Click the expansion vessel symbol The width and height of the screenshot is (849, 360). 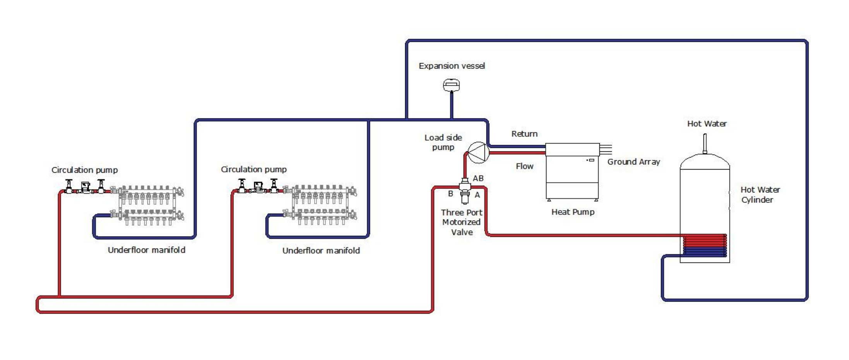(x=451, y=85)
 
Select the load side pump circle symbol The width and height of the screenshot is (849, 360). (x=478, y=152)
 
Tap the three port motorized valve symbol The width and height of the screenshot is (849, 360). (x=465, y=190)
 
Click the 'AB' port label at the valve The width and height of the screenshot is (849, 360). (x=478, y=178)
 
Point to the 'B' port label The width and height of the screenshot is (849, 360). (x=450, y=194)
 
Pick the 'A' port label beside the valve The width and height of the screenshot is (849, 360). (x=477, y=195)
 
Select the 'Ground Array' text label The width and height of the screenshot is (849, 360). (x=633, y=162)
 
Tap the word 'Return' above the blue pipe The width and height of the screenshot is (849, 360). (x=524, y=134)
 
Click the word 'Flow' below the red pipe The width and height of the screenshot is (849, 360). (x=524, y=166)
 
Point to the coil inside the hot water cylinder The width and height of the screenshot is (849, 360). (x=705, y=245)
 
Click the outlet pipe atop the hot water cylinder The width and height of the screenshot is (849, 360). (x=705, y=143)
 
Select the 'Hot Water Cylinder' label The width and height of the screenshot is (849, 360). (x=760, y=195)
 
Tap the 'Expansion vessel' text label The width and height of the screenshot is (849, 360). (x=452, y=66)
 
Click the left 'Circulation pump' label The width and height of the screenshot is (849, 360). (x=84, y=170)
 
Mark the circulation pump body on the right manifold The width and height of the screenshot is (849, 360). (x=258, y=187)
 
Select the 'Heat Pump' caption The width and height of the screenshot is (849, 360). (x=573, y=212)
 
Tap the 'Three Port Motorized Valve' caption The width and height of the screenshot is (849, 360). (x=462, y=222)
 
